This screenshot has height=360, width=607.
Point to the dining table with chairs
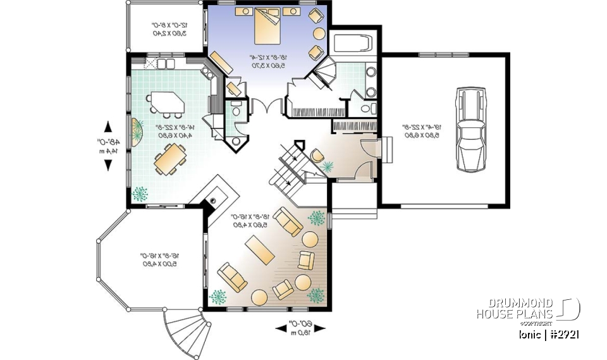(169, 158)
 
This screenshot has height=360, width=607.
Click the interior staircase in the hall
(288, 166)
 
